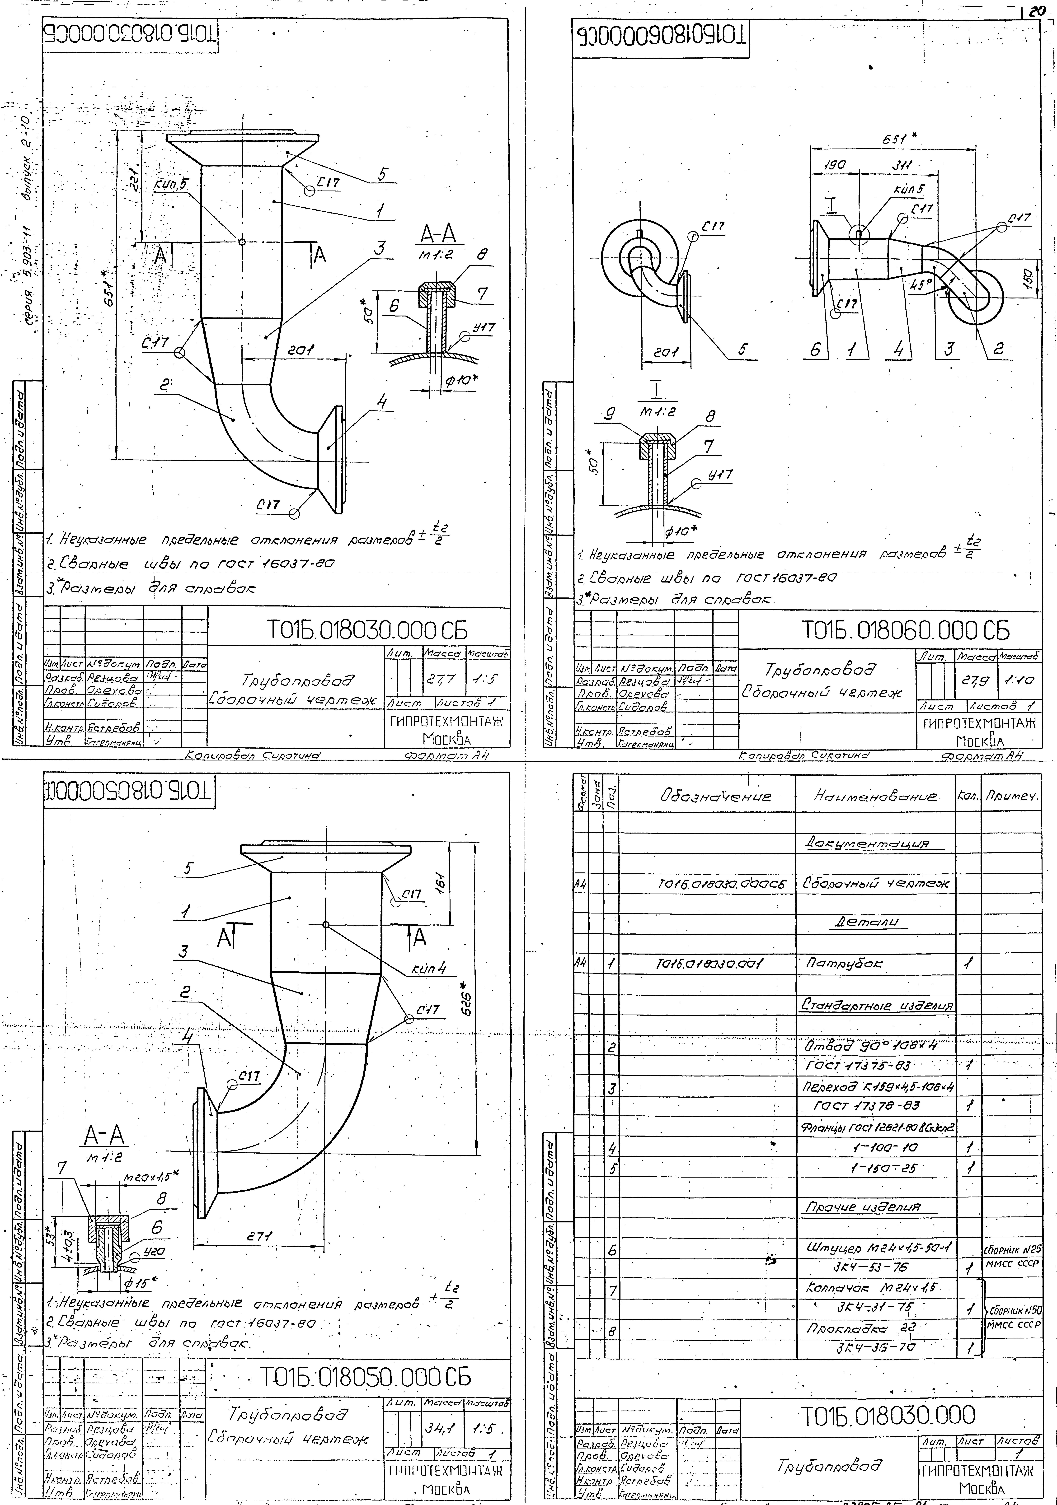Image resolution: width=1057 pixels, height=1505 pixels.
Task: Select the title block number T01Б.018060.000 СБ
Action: [x=906, y=631]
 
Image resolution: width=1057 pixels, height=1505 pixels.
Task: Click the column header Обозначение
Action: [x=715, y=797]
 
